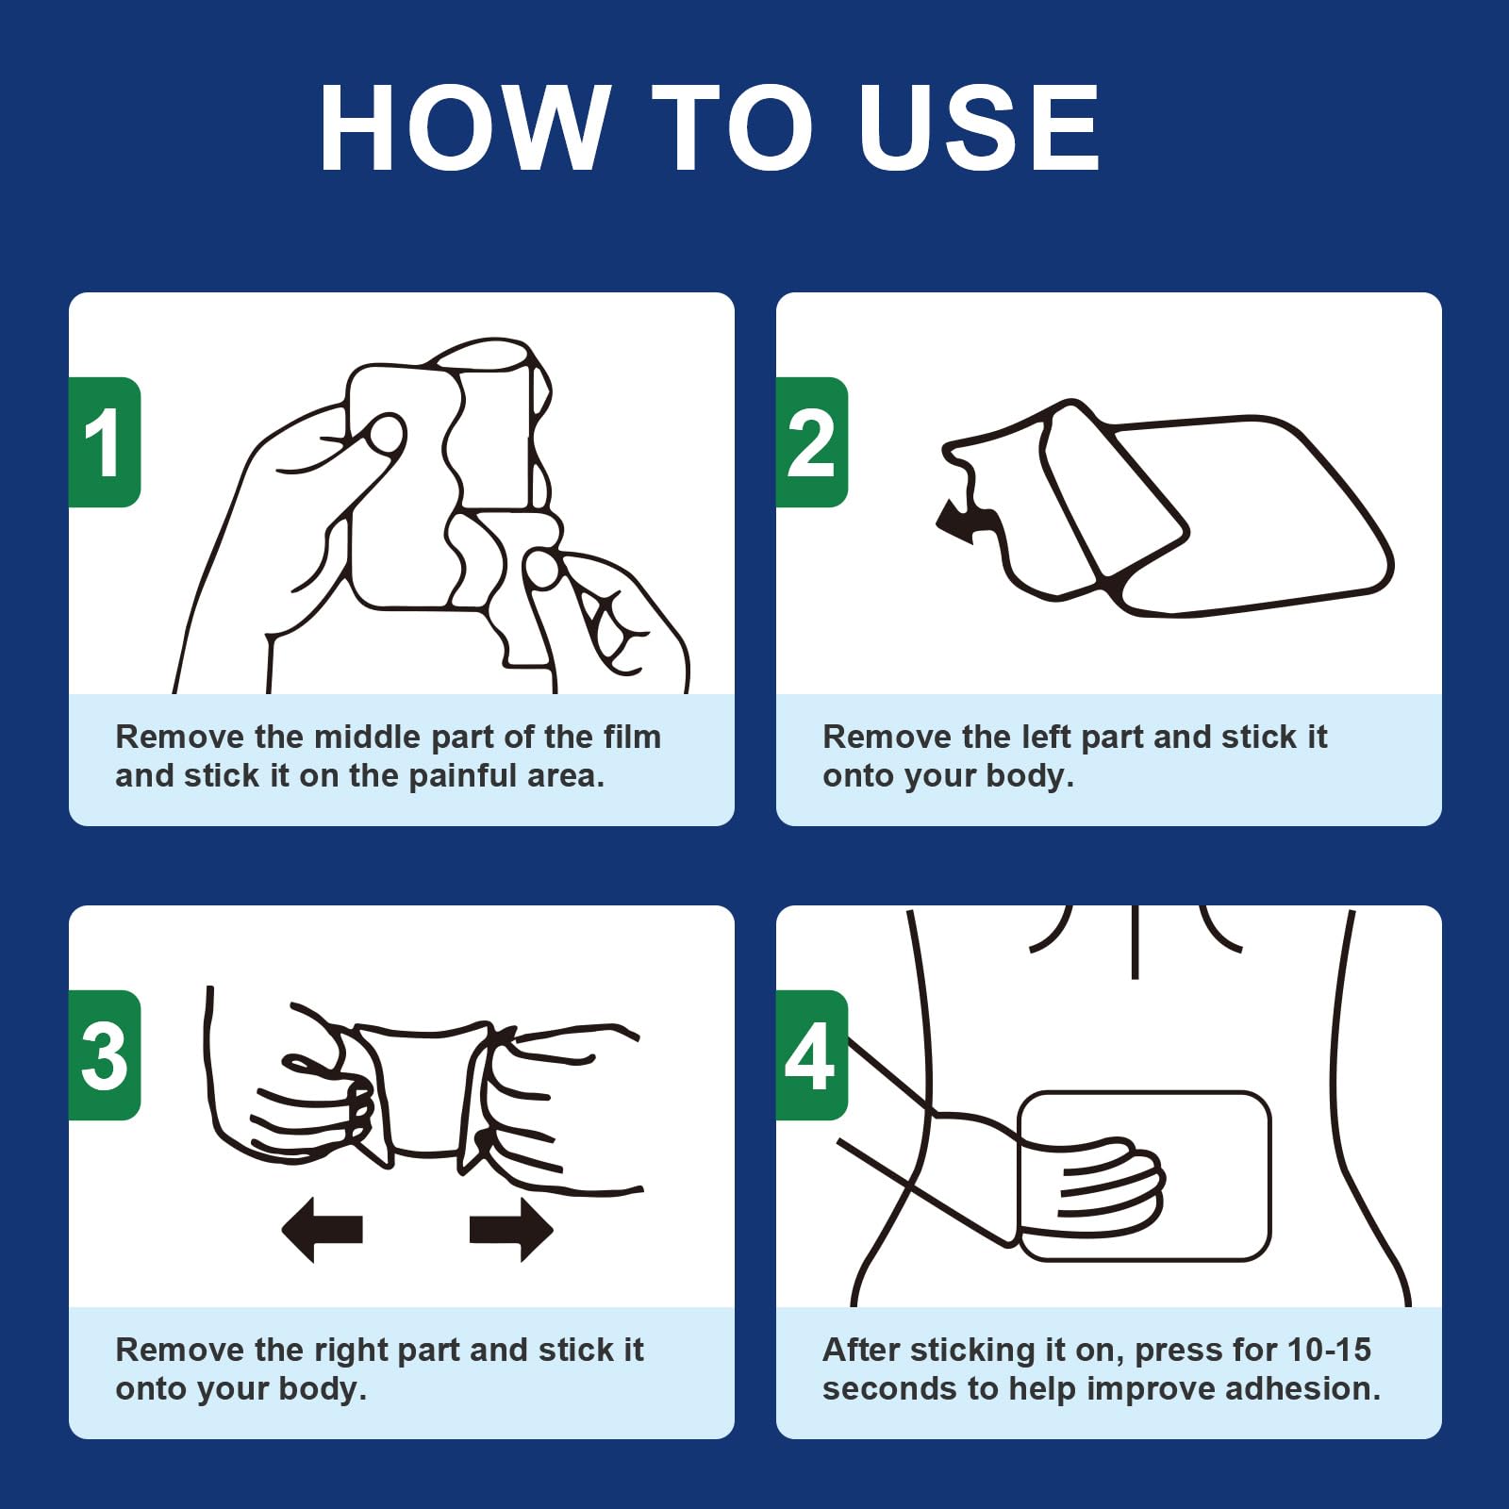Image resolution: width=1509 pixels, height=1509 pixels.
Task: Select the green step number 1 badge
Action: coord(105,442)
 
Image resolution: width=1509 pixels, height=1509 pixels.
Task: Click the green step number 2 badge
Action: coord(812,442)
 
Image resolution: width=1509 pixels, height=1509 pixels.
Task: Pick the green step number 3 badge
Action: coord(105,1055)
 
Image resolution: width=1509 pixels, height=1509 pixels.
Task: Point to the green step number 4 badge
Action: coord(812,1055)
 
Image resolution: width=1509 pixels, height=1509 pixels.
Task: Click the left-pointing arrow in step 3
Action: coord(323,1229)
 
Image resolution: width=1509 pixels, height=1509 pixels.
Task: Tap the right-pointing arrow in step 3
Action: coord(511,1229)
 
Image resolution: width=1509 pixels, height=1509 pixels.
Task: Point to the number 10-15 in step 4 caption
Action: coord(1329,1350)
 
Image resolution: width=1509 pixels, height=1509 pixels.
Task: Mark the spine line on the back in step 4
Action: coord(1135,941)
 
